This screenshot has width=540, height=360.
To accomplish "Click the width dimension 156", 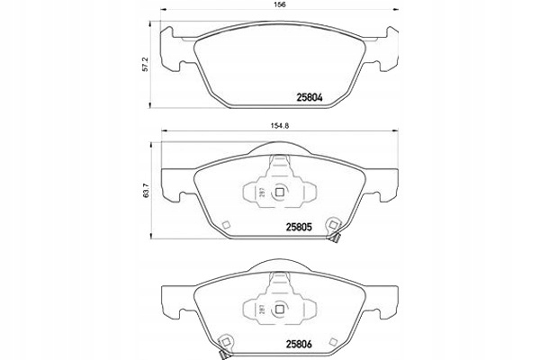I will click(277, 9).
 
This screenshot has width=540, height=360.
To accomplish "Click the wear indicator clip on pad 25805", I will click(333, 232).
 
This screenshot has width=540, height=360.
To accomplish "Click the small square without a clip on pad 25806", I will click(334, 340).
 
